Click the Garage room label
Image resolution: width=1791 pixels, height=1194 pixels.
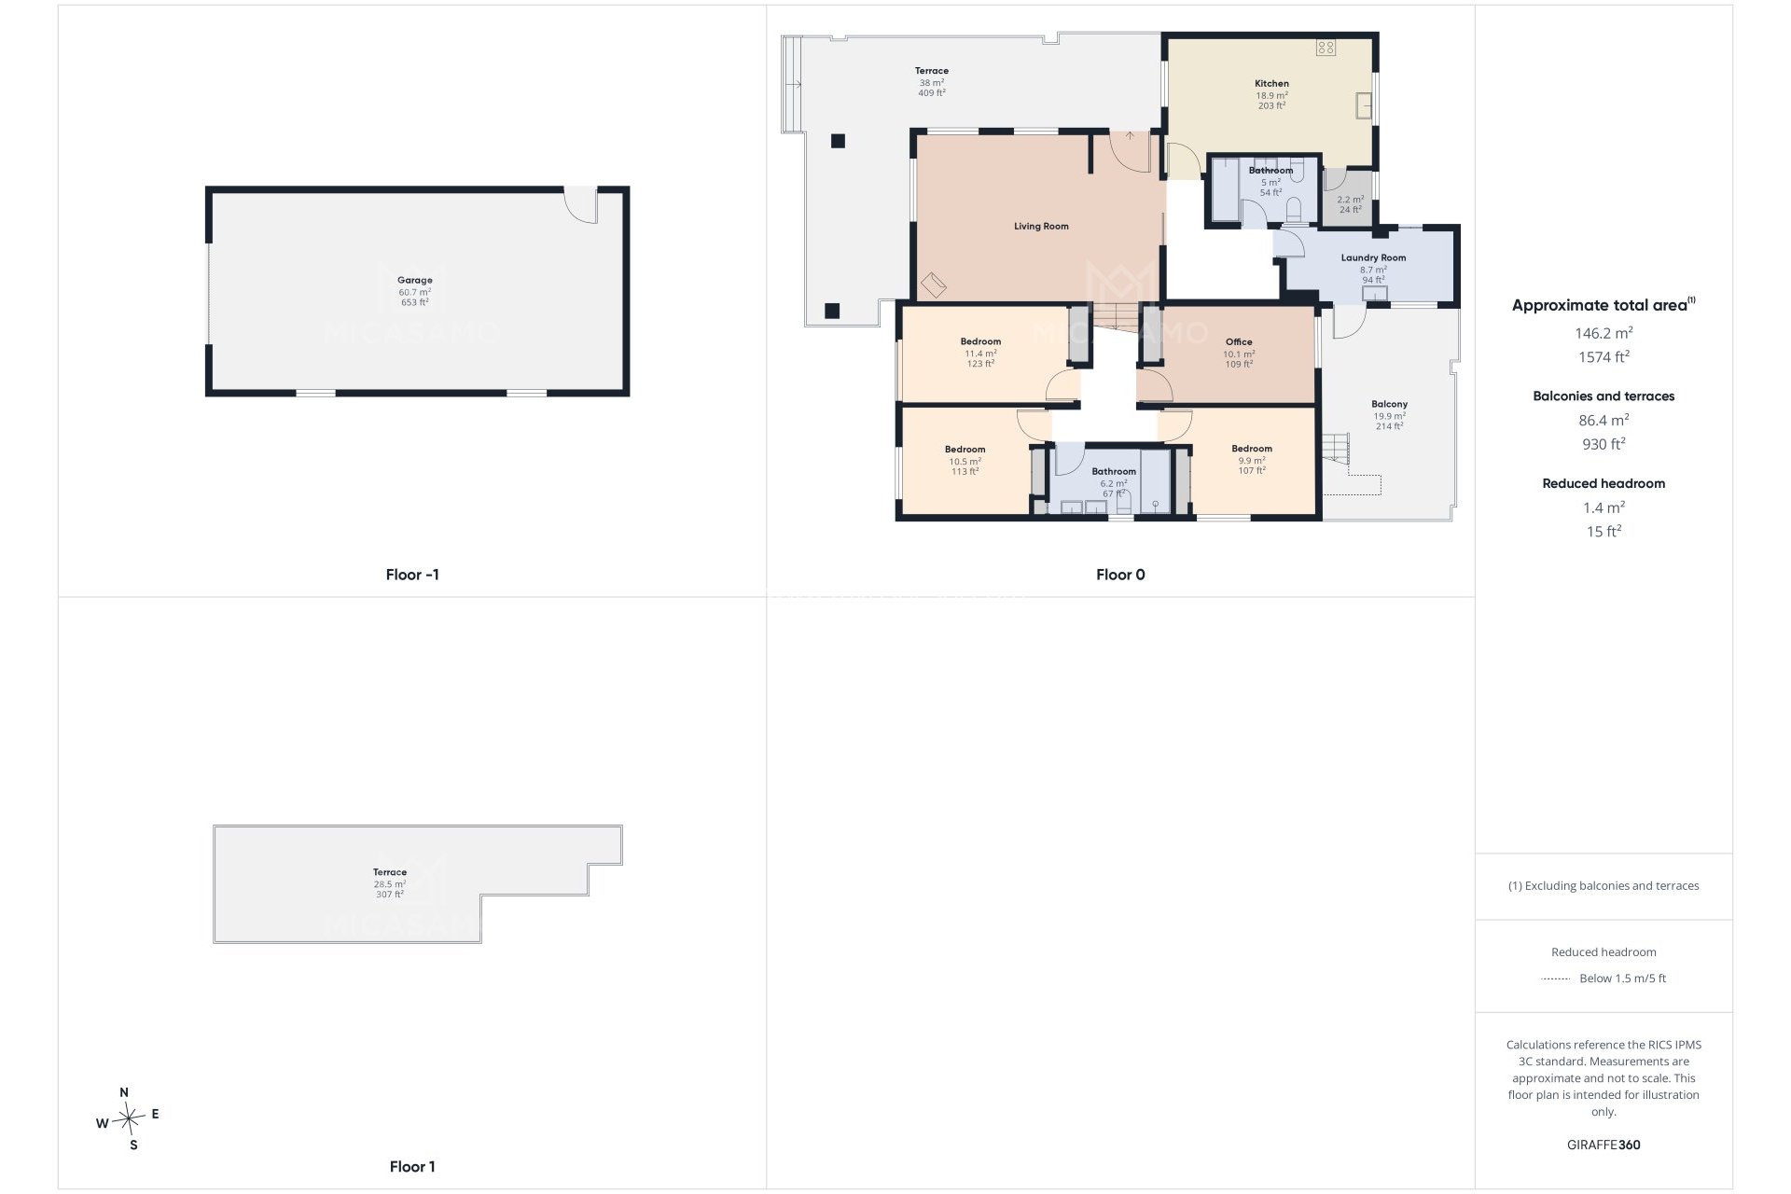click(415, 280)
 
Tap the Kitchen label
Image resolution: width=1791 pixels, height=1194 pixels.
click(1271, 84)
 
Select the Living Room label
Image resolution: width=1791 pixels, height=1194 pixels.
click(1041, 227)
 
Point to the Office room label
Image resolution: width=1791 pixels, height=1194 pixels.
click(1239, 342)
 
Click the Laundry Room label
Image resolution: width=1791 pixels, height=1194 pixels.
click(1373, 258)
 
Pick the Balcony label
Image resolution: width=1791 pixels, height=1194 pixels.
click(1389, 405)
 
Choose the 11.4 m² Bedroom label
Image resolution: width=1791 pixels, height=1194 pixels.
click(980, 342)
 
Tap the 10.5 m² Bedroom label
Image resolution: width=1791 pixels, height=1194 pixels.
click(965, 450)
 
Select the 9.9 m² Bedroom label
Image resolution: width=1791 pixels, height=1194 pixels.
click(1251, 449)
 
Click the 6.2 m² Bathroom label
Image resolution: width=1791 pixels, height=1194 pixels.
click(1114, 472)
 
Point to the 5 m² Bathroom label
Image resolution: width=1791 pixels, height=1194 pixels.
click(1270, 171)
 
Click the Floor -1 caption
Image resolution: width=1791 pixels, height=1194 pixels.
click(412, 575)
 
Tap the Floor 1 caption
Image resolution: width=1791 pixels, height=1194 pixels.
click(412, 1166)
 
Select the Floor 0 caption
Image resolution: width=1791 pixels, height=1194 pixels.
click(1120, 575)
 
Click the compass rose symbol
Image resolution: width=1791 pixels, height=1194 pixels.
click(129, 1118)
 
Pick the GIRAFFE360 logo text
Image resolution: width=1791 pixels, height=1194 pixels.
click(1604, 1145)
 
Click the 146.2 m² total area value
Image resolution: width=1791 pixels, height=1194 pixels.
click(1604, 333)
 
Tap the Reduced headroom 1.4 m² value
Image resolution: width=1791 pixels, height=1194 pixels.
click(1604, 507)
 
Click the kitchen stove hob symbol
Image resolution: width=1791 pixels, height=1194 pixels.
click(1326, 47)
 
